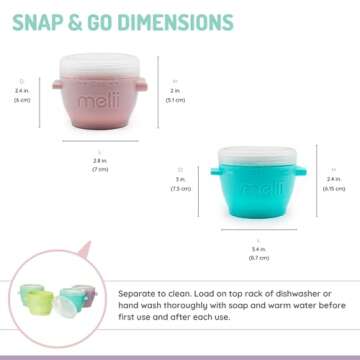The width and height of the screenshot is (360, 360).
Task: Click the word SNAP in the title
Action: pyautogui.click(x=38, y=20)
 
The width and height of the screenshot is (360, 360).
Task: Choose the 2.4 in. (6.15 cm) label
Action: pyautogui.click(x=332, y=183)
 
